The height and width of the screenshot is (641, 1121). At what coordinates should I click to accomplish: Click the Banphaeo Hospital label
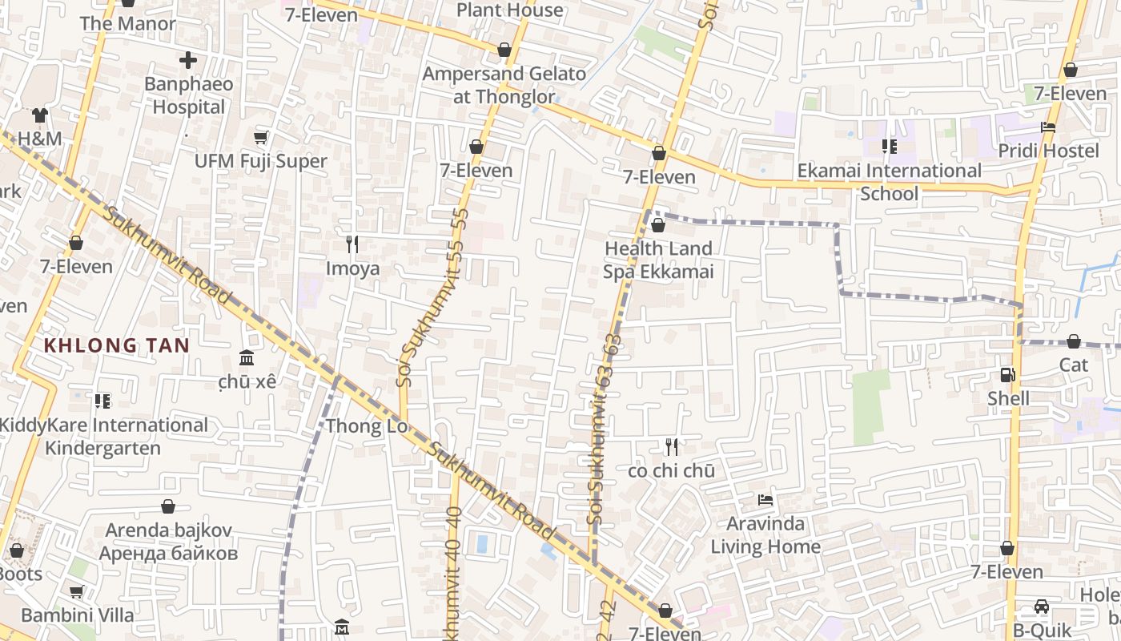pos(189,95)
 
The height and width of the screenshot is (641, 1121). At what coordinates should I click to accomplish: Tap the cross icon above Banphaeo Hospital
pos(188,60)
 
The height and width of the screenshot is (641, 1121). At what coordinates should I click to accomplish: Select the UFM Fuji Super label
pos(261,161)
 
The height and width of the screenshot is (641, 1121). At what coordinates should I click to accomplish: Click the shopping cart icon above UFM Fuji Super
pos(261,137)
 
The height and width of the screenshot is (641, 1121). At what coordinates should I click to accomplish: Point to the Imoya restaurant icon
pos(352,244)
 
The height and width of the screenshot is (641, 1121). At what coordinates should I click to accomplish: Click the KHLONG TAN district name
pos(117,346)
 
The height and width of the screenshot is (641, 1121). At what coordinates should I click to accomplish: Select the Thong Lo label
pos(367,426)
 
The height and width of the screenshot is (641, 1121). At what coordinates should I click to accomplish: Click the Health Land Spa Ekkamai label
pos(658,260)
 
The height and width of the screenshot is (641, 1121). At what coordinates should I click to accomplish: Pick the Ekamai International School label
pos(889,182)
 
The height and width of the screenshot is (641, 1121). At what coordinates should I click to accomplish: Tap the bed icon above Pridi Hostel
pos(1048,127)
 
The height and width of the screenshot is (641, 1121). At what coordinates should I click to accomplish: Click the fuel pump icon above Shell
pos(1008,374)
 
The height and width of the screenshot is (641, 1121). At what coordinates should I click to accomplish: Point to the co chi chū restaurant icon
pos(672,447)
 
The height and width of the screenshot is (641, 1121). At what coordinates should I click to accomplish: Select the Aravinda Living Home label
pos(765,535)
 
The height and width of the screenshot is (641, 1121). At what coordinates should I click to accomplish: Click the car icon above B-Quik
pos(1042,607)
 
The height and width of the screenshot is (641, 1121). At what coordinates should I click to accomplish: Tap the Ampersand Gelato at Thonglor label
pos(504,85)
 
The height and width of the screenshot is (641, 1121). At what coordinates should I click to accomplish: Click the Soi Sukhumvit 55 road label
pos(432,296)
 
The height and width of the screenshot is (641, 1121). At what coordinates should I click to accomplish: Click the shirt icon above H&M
pos(40,115)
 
